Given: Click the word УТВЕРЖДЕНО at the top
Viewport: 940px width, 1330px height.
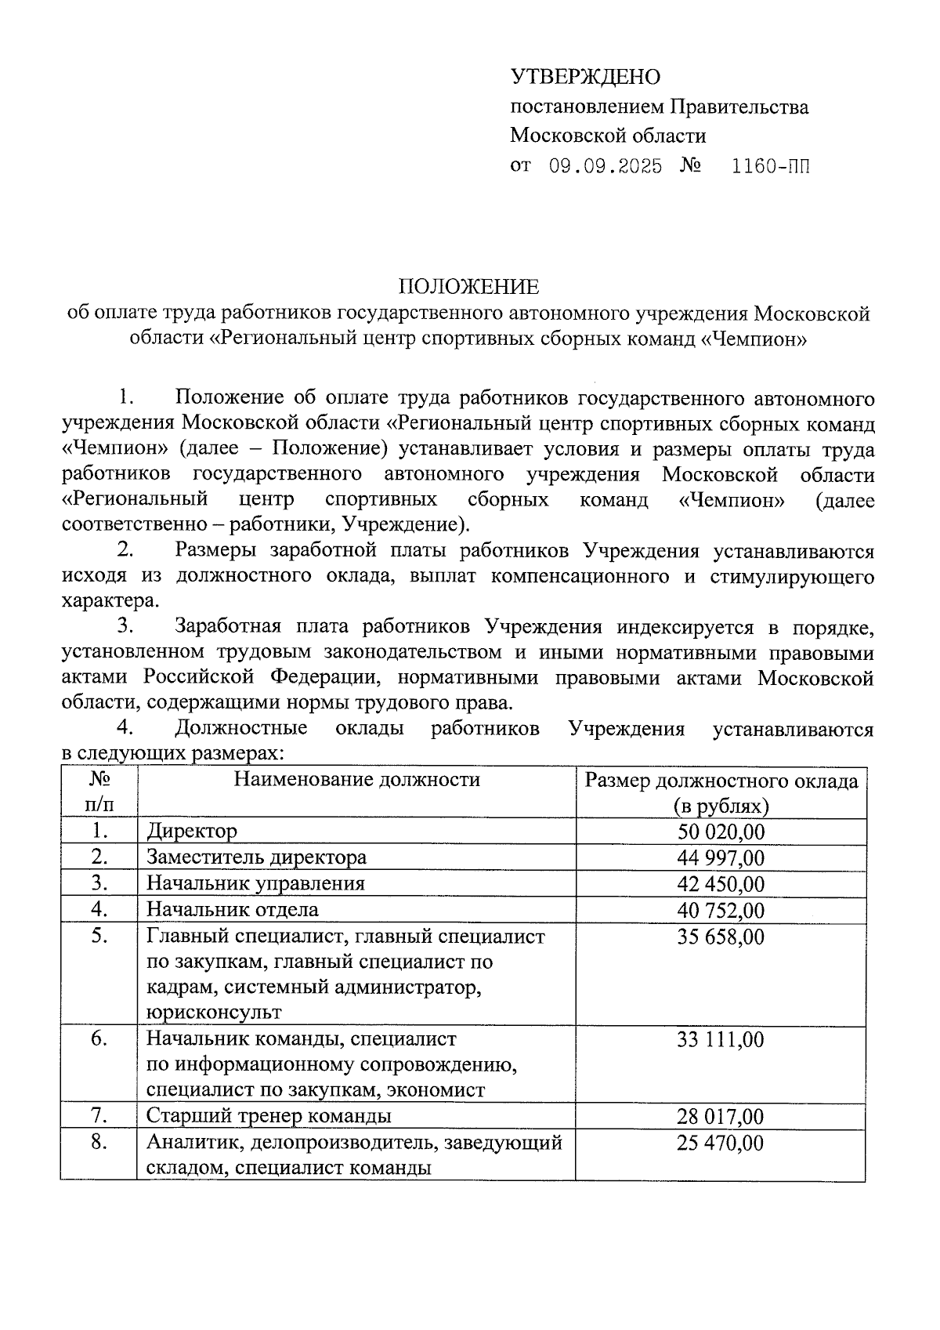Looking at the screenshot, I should pyautogui.click(x=585, y=77).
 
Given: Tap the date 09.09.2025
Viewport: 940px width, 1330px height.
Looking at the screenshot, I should pyautogui.click(x=605, y=166).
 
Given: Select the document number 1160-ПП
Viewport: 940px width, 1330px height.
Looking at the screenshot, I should pyautogui.click(x=770, y=166).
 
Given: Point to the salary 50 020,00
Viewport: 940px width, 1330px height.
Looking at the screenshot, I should pyautogui.click(x=721, y=832).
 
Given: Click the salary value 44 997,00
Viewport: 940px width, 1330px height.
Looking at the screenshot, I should pyautogui.click(x=721, y=857).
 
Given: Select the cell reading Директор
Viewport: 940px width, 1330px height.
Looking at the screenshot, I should pyautogui.click(x=192, y=831).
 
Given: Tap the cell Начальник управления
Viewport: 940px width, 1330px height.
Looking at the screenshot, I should pyautogui.click(x=256, y=883).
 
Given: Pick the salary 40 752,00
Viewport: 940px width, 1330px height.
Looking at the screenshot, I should pyautogui.click(x=721, y=911).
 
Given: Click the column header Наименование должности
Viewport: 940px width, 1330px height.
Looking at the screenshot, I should pyautogui.click(x=357, y=780).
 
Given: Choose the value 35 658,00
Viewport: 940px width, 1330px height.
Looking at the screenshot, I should pyautogui.click(x=721, y=937).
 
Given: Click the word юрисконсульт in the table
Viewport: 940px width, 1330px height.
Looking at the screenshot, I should pyautogui.click(x=214, y=1012).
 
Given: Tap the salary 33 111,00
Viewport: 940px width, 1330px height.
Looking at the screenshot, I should pyautogui.click(x=721, y=1040).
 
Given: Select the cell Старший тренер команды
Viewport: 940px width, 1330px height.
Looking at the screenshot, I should pyautogui.click(x=269, y=1115).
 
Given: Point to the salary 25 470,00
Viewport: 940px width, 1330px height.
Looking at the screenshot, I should pyautogui.click(x=721, y=1143).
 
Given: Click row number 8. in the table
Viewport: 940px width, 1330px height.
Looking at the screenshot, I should pyautogui.click(x=99, y=1142).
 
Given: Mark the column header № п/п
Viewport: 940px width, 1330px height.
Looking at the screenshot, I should pyautogui.click(x=99, y=792).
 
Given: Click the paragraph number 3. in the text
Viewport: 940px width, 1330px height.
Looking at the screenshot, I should pyautogui.click(x=125, y=627).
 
